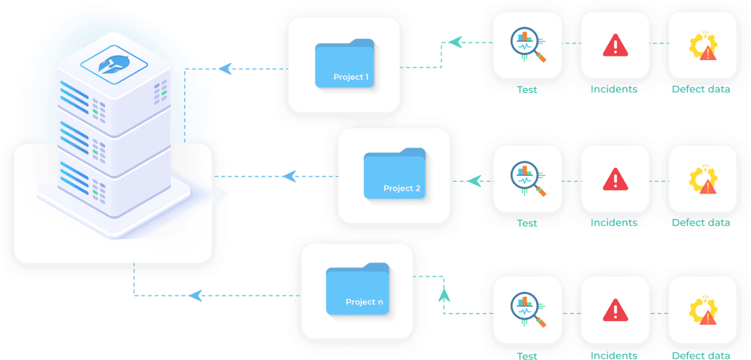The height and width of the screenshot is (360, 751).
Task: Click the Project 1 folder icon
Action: point(345,63)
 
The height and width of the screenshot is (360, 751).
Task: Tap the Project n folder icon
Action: point(357,289)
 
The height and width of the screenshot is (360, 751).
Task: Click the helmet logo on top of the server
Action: point(114,65)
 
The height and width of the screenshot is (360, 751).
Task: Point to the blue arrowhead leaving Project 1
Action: point(224,68)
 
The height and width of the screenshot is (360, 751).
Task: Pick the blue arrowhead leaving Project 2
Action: point(289,176)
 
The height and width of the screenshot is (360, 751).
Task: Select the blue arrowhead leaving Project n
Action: point(195,295)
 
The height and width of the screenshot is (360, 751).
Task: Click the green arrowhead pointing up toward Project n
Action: point(444,293)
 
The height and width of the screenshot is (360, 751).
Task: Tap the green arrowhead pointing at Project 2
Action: point(474,181)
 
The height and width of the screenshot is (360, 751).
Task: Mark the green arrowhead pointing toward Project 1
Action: point(455,42)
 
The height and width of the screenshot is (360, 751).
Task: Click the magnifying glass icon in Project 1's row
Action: point(527,45)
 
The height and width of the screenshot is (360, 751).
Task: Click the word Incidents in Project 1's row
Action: point(614,89)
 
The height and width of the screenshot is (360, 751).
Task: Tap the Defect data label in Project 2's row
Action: point(700,223)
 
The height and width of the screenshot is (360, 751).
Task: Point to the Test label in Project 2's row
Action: point(527,223)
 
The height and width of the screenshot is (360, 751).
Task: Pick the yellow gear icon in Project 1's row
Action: point(703,46)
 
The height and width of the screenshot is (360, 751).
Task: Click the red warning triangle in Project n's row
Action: point(615,310)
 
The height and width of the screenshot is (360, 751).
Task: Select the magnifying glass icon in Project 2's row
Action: point(527,179)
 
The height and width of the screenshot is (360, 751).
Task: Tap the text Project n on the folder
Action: point(364,302)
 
